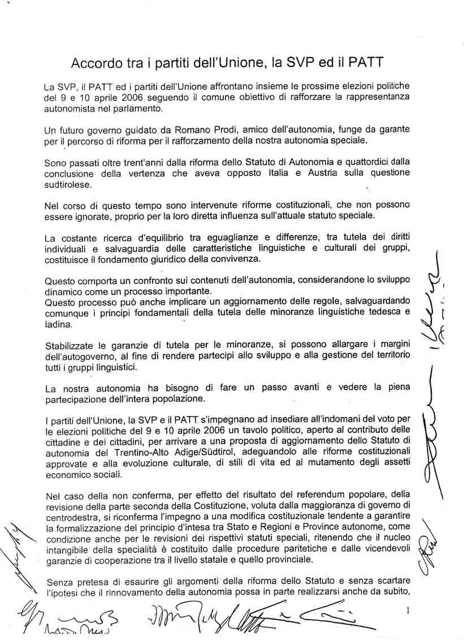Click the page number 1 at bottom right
pos(407,610)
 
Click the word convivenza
pos(233,259)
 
